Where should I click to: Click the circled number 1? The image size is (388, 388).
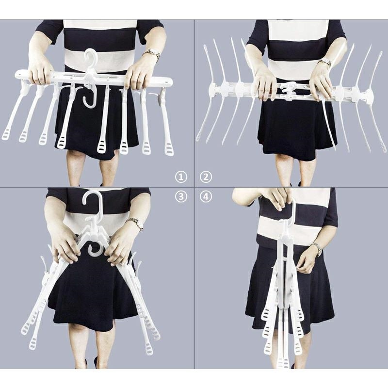pyautogui.click(x=181, y=177)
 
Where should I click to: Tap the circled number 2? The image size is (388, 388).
pyautogui.click(x=206, y=177)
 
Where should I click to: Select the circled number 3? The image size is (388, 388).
pyautogui.click(x=181, y=197)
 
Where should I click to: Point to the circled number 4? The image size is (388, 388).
pyautogui.click(x=206, y=197)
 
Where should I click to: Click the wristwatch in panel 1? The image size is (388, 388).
pyautogui.click(x=152, y=54)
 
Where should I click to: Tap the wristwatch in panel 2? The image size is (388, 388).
pyautogui.click(x=324, y=62)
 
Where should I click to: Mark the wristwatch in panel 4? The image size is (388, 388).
pyautogui.click(x=317, y=249)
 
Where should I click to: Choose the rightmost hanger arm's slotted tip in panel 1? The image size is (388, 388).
pyautogui.click(x=169, y=149)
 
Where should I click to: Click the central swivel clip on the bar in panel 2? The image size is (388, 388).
pyautogui.click(x=288, y=90)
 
